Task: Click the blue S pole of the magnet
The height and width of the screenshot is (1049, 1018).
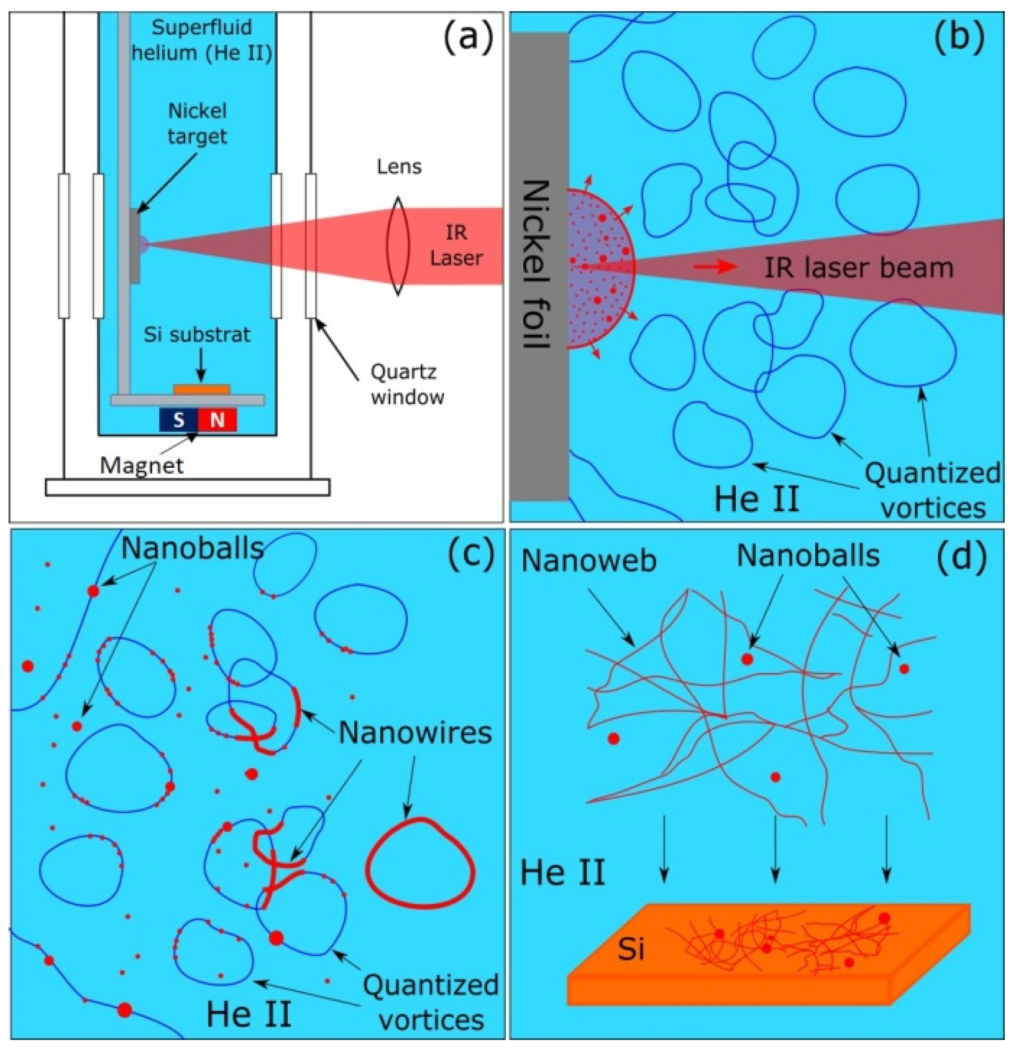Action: [x=178, y=420]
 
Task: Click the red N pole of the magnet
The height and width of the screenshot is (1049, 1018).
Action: [x=217, y=420]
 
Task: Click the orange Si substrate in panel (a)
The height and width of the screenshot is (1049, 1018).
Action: [x=202, y=389]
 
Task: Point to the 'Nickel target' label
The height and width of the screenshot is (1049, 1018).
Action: [x=198, y=123]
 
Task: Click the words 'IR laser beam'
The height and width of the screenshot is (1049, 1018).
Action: [x=859, y=268]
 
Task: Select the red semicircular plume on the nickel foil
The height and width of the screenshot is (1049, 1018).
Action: [x=599, y=268]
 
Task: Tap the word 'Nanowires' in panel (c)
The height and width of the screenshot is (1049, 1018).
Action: [x=415, y=732]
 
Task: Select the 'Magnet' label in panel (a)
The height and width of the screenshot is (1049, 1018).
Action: [x=142, y=465]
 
